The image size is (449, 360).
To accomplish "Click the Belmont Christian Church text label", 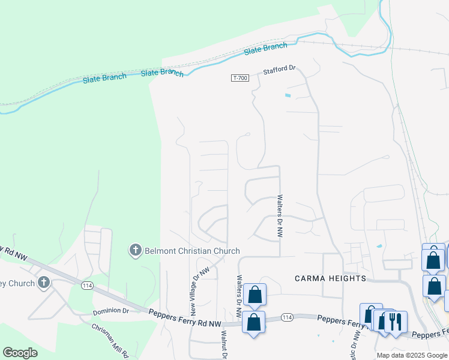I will [x=192, y=251].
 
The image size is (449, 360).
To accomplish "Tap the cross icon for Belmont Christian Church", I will [x=136, y=250].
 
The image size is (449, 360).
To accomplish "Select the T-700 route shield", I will [x=240, y=79].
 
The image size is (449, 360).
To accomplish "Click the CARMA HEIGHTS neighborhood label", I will [x=330, y=278].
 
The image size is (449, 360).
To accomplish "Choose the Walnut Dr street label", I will [x=223, y=346].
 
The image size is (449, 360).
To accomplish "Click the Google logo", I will [x=20, y=353].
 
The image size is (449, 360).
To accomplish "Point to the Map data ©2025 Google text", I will [x=411, y=355].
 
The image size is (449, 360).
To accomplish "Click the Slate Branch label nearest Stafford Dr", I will [x=266, y=48].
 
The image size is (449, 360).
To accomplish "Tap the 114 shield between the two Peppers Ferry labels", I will [x=286, y=317].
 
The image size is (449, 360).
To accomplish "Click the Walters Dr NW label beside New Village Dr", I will [x=239, y=296].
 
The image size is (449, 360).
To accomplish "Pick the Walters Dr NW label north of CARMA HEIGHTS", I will [x=280, y=216].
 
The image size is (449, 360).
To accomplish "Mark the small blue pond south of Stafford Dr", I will [x=288, y=95].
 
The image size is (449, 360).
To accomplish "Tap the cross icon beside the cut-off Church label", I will [x=44, y=282].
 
